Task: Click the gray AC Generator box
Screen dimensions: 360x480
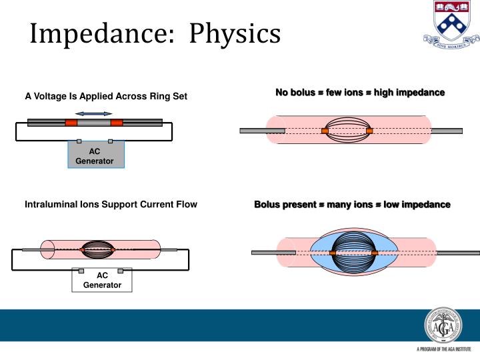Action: (95, 155)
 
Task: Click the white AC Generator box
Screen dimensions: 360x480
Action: (101, 280)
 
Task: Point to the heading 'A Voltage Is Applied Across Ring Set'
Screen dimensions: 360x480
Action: (106, 97)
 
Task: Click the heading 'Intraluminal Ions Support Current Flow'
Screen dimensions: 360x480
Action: (111, 204)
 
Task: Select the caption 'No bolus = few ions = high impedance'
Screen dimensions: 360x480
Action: (360, 92)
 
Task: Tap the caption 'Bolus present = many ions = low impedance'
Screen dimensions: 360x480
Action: (352, 204)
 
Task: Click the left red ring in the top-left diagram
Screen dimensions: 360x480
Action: (71, 123)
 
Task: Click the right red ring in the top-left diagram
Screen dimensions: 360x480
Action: (117, 123)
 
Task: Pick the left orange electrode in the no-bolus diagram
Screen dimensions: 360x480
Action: (325, 131)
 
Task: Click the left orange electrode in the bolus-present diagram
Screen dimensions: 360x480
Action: (332, 253)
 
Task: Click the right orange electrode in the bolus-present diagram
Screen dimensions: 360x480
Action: (375, 253)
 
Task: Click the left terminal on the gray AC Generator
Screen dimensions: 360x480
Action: (79, 141)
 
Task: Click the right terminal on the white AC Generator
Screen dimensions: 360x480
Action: (121, 271)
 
